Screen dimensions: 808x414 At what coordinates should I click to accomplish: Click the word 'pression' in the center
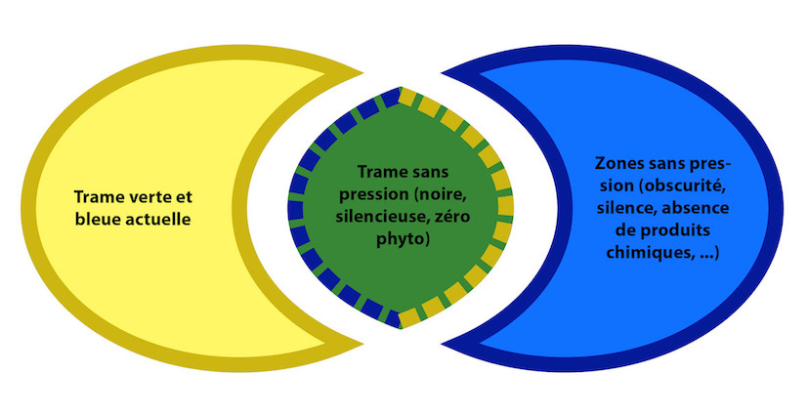pyautogui.click(x=370, y=194)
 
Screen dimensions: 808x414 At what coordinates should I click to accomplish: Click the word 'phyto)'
pyautogui.click(x=403, y=239)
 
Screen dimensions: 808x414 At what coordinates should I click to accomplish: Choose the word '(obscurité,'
pyautogui.click(x=682, y=186)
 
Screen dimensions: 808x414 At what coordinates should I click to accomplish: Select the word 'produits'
pyautogui.click(x=676, y=230)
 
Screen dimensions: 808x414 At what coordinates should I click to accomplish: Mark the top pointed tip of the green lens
pyautogui.click(x=401, y=87)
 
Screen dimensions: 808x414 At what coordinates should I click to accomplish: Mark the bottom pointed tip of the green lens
pyautogui.click(x=401, y=328)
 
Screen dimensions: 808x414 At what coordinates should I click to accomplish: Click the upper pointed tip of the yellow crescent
pyautogui.click(x=362, y=72)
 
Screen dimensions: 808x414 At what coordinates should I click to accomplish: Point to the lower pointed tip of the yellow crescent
pyautogui.click(x=362, y=344)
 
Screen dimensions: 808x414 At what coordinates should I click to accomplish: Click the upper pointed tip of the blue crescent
pyautogui.click(x=442, y=72)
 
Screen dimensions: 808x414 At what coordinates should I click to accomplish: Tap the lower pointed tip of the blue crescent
pyautogui.click(x=442, y=344)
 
